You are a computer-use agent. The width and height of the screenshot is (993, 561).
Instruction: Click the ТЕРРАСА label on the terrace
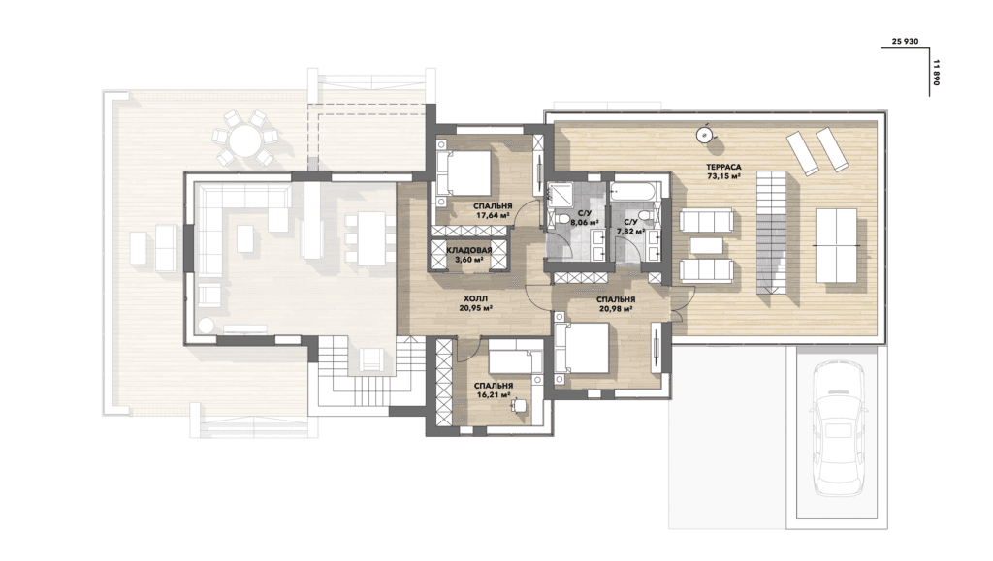point(723,167)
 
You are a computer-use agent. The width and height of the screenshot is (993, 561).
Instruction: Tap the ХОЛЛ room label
point(476,298)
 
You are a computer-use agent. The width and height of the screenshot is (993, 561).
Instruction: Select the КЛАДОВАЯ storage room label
point(469,250)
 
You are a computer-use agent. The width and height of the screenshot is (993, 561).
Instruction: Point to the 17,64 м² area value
point(493,215)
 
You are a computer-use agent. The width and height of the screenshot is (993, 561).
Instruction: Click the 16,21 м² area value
point(494,394)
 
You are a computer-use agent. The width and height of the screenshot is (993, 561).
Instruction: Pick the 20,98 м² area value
point(616,309)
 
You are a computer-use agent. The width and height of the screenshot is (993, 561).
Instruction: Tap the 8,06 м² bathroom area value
point(585,223)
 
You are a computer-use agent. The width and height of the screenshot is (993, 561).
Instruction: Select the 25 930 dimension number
point(905,41)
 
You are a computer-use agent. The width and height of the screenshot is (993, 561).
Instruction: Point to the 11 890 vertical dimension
point(937,73)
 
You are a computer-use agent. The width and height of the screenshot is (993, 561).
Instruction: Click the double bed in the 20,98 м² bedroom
point(582,349)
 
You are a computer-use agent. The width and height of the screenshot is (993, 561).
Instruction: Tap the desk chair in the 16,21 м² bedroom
point(520,403)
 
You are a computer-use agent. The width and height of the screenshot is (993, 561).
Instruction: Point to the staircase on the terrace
point(772,233)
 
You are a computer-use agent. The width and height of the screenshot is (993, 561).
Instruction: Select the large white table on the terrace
point(837,245)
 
